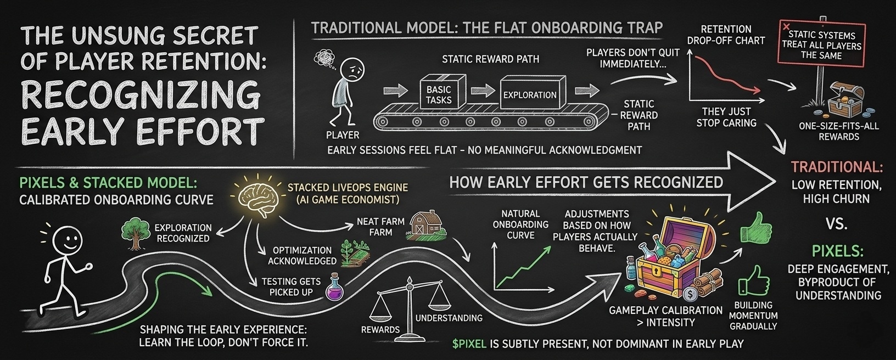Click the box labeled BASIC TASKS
pyautogui.click(x=439, y=94)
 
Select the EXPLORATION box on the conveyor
pyautogui.click(x=530, y=94)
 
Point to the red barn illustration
pyautogui.click(x=426, y=224)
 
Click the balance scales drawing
pyautogui.click(x=407, y=307)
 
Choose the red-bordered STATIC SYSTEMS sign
pyautogui.click(x=822, y=43)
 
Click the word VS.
pyautogui.click(x=836, y=223)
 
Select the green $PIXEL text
pyautogui.click(x=469, y=344)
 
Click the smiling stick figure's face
pyautogui.click(x=68, y=240)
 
